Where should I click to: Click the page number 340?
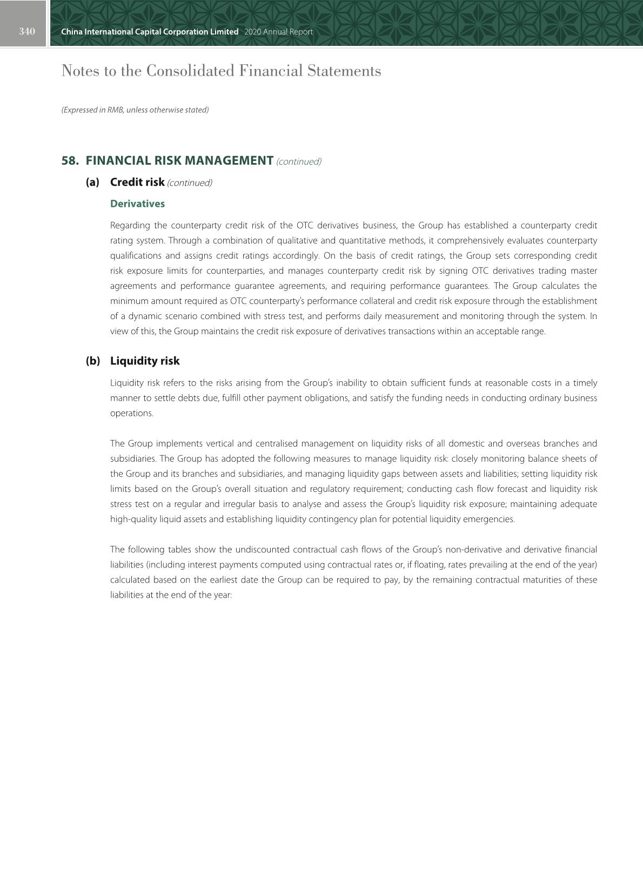tap(26, 31)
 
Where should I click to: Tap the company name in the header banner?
tap(150, 32)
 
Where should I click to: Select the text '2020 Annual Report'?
tap(278, 32)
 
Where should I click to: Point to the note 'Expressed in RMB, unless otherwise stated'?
tap(135, 110)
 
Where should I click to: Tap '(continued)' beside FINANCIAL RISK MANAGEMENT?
tap(299, 161)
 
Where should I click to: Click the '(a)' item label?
tap(92, 182)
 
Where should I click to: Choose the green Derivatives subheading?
tap(137, 204)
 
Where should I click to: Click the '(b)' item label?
tap(93, 361)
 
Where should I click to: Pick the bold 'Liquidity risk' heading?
tap(145, 361)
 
